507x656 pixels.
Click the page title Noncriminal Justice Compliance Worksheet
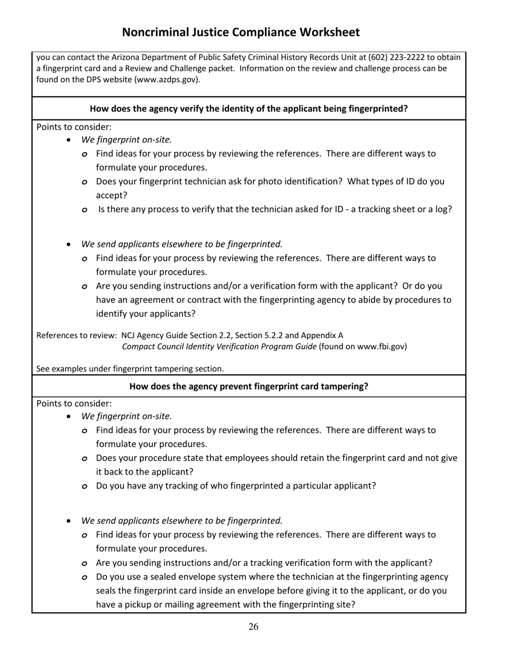pyautogui.click(x=241, y=33)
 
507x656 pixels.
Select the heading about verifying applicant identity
pyautogui.click(x=249, y=109)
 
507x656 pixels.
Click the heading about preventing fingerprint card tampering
pyautogui.click(x=249, y=386)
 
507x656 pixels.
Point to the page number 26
pyautogui.click(x=253, y=627)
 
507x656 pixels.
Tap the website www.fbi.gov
pyautogui.click(x=381, y=347)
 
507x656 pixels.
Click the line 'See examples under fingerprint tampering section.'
pyautogui.click(x=130, y=369)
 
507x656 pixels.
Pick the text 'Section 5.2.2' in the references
pyautogui.click(x=258, y=335)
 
